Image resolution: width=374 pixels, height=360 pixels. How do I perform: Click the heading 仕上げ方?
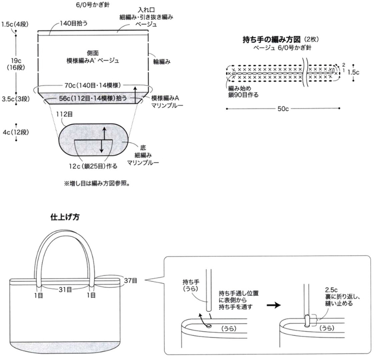(x=65, y=217)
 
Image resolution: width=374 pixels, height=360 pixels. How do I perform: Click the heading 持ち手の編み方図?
(x=271, y=39)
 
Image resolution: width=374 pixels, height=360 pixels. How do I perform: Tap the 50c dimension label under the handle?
(x=283, y=109)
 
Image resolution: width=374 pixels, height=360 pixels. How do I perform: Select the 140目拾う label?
(x=73, y=23)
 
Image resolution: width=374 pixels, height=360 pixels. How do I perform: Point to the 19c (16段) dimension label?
(x=16, y=64)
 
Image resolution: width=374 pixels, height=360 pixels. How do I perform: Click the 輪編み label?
(x=162, y=62)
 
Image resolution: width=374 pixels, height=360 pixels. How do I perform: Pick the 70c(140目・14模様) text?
(x=93, y=85)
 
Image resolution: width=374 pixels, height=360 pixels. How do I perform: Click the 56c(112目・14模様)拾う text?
(x=93, y=98)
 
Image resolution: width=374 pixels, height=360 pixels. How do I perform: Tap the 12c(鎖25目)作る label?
(x=93, y=166)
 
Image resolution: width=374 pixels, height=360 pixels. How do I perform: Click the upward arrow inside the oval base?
(x=104, y=133)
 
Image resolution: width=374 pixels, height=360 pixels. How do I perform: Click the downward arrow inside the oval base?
(x=101, y=146)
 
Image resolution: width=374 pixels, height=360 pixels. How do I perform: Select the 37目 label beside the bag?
(x=131, y=281)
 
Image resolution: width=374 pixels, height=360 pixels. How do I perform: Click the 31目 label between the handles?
(x=65, y=289)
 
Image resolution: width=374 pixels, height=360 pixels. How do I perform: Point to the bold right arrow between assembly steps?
(x=273, y=305)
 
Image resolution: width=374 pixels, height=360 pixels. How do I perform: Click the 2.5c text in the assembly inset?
(x=331, y=290)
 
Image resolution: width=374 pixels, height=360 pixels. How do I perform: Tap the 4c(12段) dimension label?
(x=16, y=132)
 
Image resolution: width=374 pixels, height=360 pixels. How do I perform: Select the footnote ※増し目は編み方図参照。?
(x=97, y=183)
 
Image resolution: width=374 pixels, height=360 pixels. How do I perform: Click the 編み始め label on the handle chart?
(x=240, y=88)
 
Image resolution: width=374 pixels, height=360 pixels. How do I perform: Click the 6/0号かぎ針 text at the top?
(x=93, y=4)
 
